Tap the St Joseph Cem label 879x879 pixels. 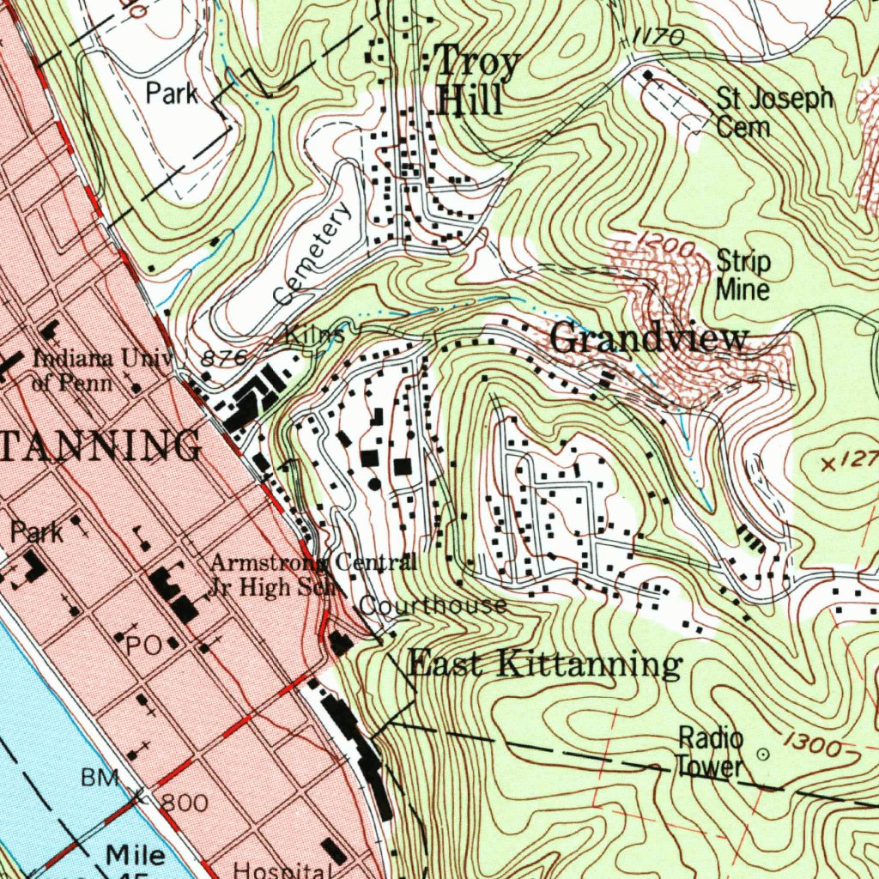773,112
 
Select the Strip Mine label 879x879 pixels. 743,275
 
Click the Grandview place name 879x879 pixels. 649,338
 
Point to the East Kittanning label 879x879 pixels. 544,664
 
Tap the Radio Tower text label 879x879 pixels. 709,752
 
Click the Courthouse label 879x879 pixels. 433,605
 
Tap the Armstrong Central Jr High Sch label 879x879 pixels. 313,576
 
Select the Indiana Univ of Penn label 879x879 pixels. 102,369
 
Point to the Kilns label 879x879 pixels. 314,335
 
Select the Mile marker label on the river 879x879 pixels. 136,855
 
